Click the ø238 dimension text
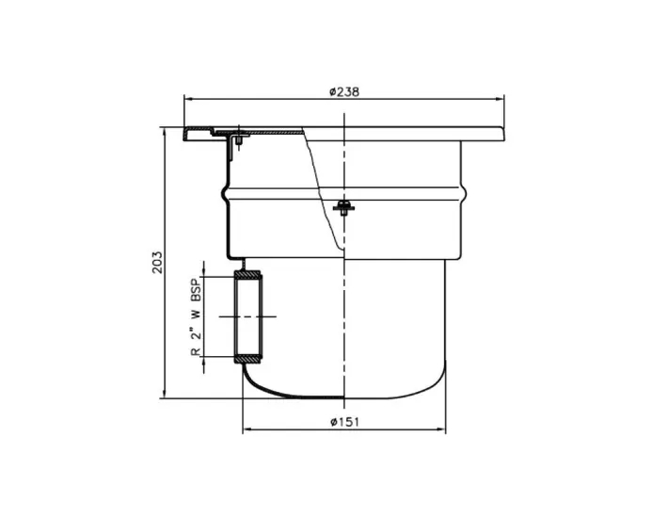coord(344,91)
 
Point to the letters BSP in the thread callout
coord(196,288)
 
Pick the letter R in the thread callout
coord(196,351)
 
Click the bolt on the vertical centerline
coord(345,206)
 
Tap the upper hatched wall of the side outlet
coord(248,273)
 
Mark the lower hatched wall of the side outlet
coord(248,360)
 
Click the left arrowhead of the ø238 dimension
coord(187,98)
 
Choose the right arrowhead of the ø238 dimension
coord(501,98)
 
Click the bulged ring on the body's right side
coord(465,199)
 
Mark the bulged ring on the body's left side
coord(226,199)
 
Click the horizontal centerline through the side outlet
coord(247,316)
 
